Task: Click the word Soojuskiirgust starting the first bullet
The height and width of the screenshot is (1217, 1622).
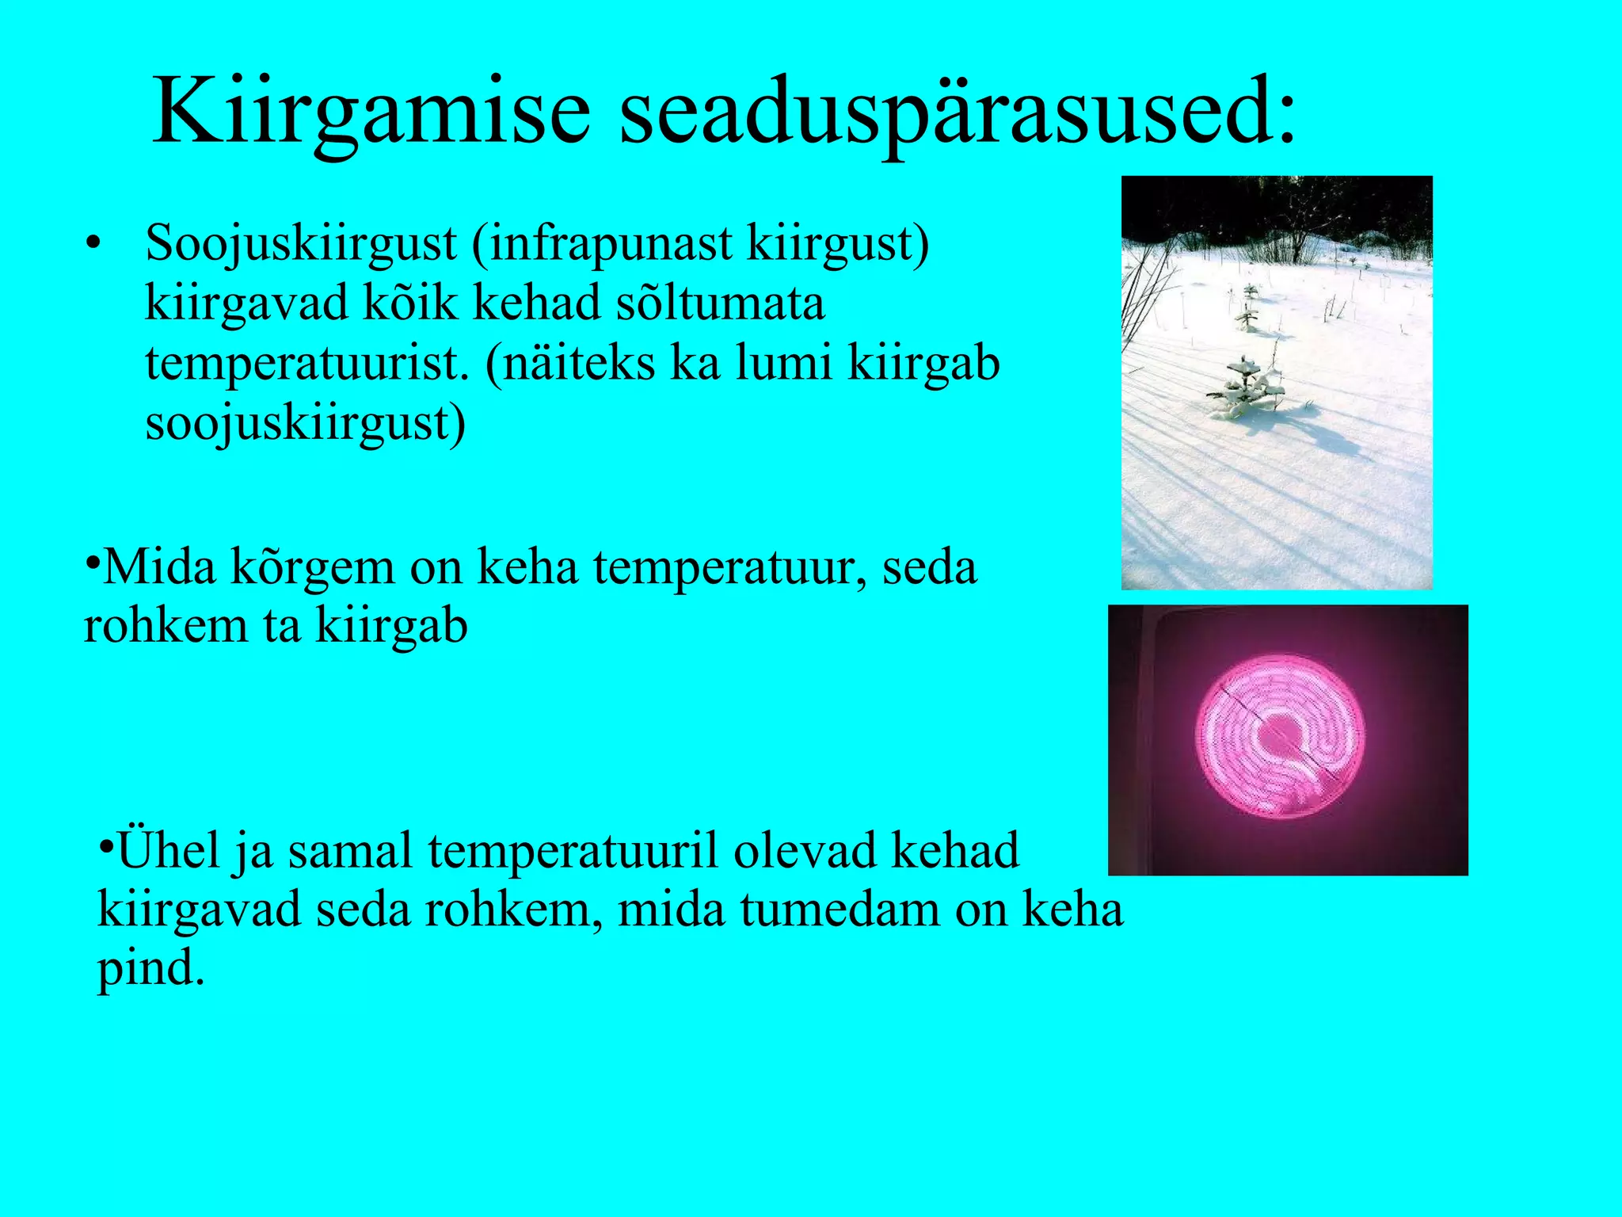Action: tap(301, 244)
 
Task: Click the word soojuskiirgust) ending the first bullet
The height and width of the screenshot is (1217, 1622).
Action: tap(306, 423)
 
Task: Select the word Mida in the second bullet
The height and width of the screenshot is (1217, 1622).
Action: tap(158, 567)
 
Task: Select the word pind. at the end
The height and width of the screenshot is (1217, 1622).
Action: tap(150, 968)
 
